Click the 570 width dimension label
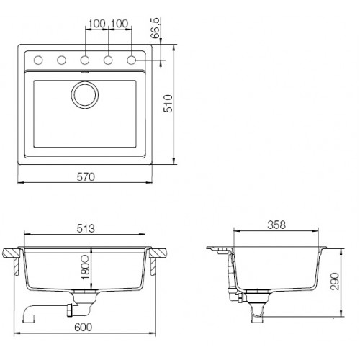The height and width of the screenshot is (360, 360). pyautogui.click(x=86, y=177)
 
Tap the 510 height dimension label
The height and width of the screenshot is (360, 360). pyautogui.click(x=168, y=104)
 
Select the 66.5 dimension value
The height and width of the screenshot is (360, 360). pyautogui.click(x=156, y=28)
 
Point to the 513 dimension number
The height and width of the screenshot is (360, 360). pyautogui.click(x=86, y=228)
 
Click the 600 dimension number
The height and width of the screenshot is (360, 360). pyautogui.click(x=83, y=327)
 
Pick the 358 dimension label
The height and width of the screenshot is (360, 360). pyautogui.click(x=276, y=225)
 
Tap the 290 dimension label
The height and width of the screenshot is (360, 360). pyautogui.click(x=335, y=282)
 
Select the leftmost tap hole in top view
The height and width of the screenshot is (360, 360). pyautogui.click(x=38, y=60)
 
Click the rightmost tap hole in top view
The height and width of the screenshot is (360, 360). pyautogui.click(x=131, y=60)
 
